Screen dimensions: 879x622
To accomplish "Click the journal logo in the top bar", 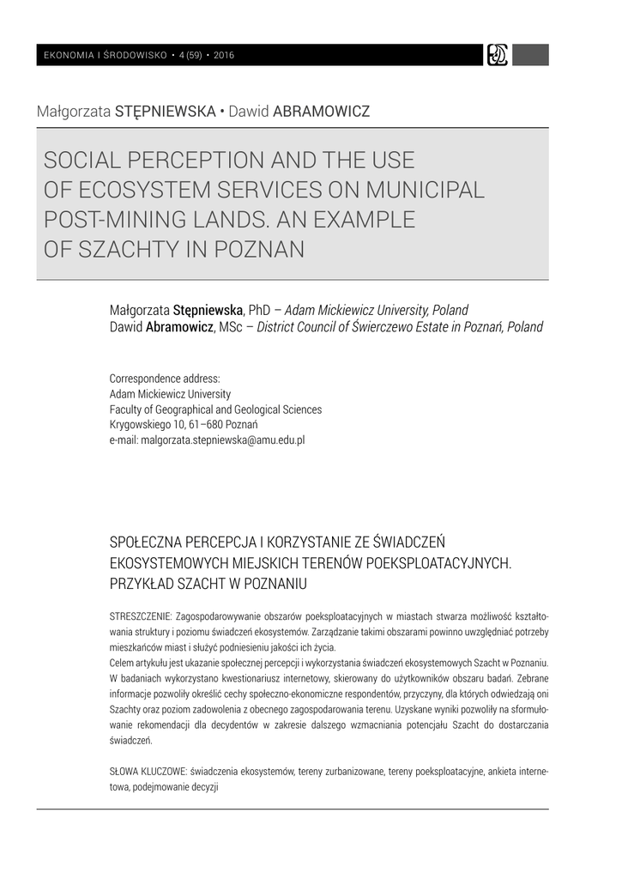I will (x=498, y=55).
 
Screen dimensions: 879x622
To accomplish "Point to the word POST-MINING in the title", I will (x=117, y=220).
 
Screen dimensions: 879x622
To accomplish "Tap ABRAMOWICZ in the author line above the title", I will (x=321, y=112).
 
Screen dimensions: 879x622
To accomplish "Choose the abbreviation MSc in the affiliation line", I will (x=230, y=327).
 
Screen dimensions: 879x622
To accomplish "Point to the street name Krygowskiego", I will (x=144, y=424).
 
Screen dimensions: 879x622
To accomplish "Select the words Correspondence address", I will (x=165, y=379).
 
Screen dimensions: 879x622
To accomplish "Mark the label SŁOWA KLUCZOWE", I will (x=148, y=771).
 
